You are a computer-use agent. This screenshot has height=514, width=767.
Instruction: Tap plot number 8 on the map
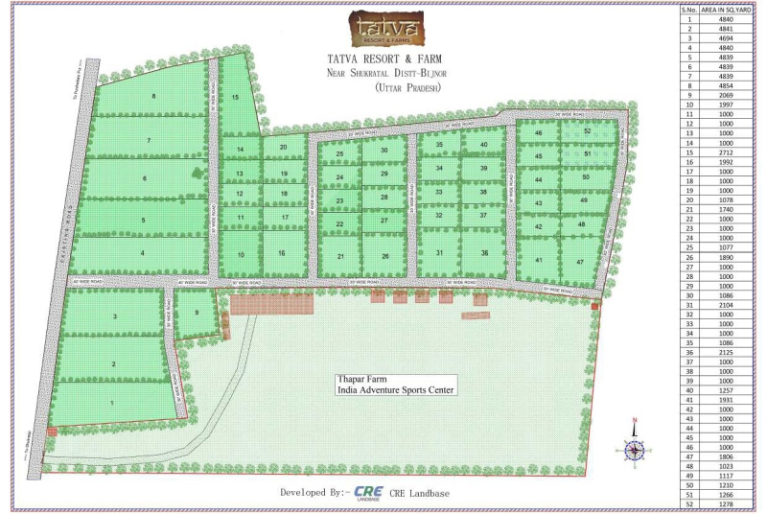[x=153, y=97]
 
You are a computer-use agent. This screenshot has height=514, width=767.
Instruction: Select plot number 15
[x=235, y=97]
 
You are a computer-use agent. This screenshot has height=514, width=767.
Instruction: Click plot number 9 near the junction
[x=196, y=313]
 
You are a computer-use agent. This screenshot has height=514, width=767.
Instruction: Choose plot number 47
[x=580, y=262]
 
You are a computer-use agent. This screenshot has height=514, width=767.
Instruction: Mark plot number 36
[x=485, y=253]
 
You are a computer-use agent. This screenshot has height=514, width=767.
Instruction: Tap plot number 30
[x=384, y=151]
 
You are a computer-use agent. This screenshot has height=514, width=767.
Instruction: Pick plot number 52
[x=587, y=130]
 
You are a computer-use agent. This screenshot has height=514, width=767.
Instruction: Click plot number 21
[x=340, y=256]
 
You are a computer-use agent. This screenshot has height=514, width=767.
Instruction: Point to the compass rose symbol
[x=633, y=449]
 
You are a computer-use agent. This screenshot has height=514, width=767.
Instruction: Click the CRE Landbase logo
[x=369, y=493]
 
